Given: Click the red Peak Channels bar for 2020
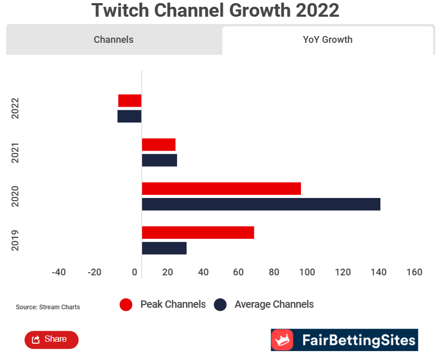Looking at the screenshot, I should pyautogui.click(x=221, y=189).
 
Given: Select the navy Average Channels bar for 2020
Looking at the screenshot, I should pyautogui.click(x=261, y=204).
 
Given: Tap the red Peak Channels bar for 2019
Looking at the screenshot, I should pyautogui.click(x=198, y=233).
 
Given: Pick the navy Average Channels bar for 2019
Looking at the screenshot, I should pyautogui.click(x=164, y=248).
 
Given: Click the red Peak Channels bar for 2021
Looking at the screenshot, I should pyautogui.click(x=158, y=145).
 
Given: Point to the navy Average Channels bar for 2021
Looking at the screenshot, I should pyautogui.click(x=159, y=160).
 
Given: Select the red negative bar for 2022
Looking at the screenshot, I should pyautogui.click(x=130, y=100).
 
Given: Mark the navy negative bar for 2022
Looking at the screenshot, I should pyautogui.click(x=129, y=116).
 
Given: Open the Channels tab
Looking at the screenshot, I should pyautogui.click(x=113, y=40).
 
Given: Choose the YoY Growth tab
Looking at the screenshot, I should pyautogui.click(x=328, y=40).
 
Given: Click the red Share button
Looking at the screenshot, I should pyautogui.click(x=51, y=340).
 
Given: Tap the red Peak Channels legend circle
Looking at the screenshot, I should pyautogui.click(x=126, y=305).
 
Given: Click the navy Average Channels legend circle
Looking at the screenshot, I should pyautogui.click(x=220, y=305).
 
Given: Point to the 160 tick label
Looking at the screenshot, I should pyautogui.click(x=414, y=272).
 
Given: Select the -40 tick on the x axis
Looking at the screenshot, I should pyautogui.click(x=59, y=272).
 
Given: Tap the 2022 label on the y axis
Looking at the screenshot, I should pyautogui.click(x=15, y=108).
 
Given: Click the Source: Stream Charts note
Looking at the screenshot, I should pyautogui.click(x=48, y=307).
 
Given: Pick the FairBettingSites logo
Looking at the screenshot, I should pyautogui.click(x=344, y=340).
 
